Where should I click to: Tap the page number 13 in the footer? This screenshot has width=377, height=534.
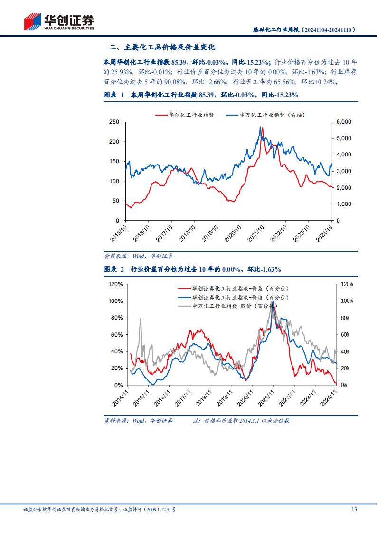354,509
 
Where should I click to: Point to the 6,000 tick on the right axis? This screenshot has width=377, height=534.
343,122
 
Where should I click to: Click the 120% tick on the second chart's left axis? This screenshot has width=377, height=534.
116,284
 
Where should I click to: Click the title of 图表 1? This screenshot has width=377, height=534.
201,95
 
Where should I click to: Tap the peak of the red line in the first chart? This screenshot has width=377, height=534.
263,128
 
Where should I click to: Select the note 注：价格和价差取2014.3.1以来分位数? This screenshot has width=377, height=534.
241,421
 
